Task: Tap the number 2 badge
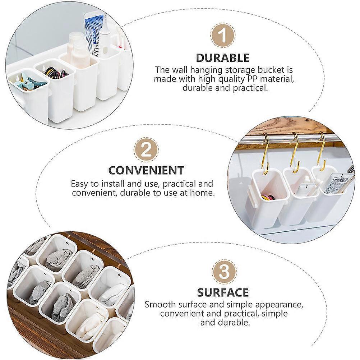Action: point(146,149)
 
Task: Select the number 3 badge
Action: point(223,271)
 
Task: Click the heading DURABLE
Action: point(223,58)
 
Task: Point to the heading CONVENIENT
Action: point(146,170)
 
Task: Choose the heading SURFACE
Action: point(223,292)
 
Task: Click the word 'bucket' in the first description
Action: point(267,70)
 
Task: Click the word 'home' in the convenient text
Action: point(202,193)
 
